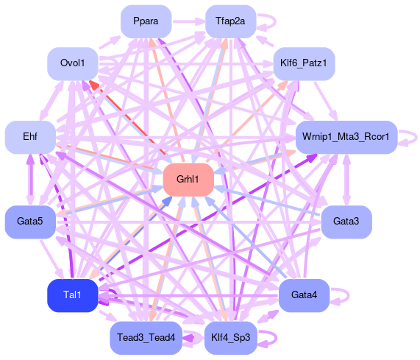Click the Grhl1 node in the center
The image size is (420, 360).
pos(188,180)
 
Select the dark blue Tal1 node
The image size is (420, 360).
pos(73,295)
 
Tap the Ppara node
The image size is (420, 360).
pos(146,21)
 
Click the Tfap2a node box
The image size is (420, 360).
pos(231,21)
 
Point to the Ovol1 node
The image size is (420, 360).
pos(73,63)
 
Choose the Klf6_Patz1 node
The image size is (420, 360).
pos(304,63)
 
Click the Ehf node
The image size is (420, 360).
pos(30,137)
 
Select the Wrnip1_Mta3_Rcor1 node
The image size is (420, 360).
pos(346,137)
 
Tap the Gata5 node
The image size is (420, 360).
pos(30,222)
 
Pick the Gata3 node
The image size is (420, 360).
pos(346,222)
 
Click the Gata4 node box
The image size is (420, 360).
pos(304,295)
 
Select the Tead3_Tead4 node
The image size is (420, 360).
pos(146,337)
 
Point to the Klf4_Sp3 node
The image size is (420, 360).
pos(231,337)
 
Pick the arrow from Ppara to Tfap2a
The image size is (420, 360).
pos(188,21)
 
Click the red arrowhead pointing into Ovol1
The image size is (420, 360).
pos(94,85)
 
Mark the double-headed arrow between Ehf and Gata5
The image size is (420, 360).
pos(30,180)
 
